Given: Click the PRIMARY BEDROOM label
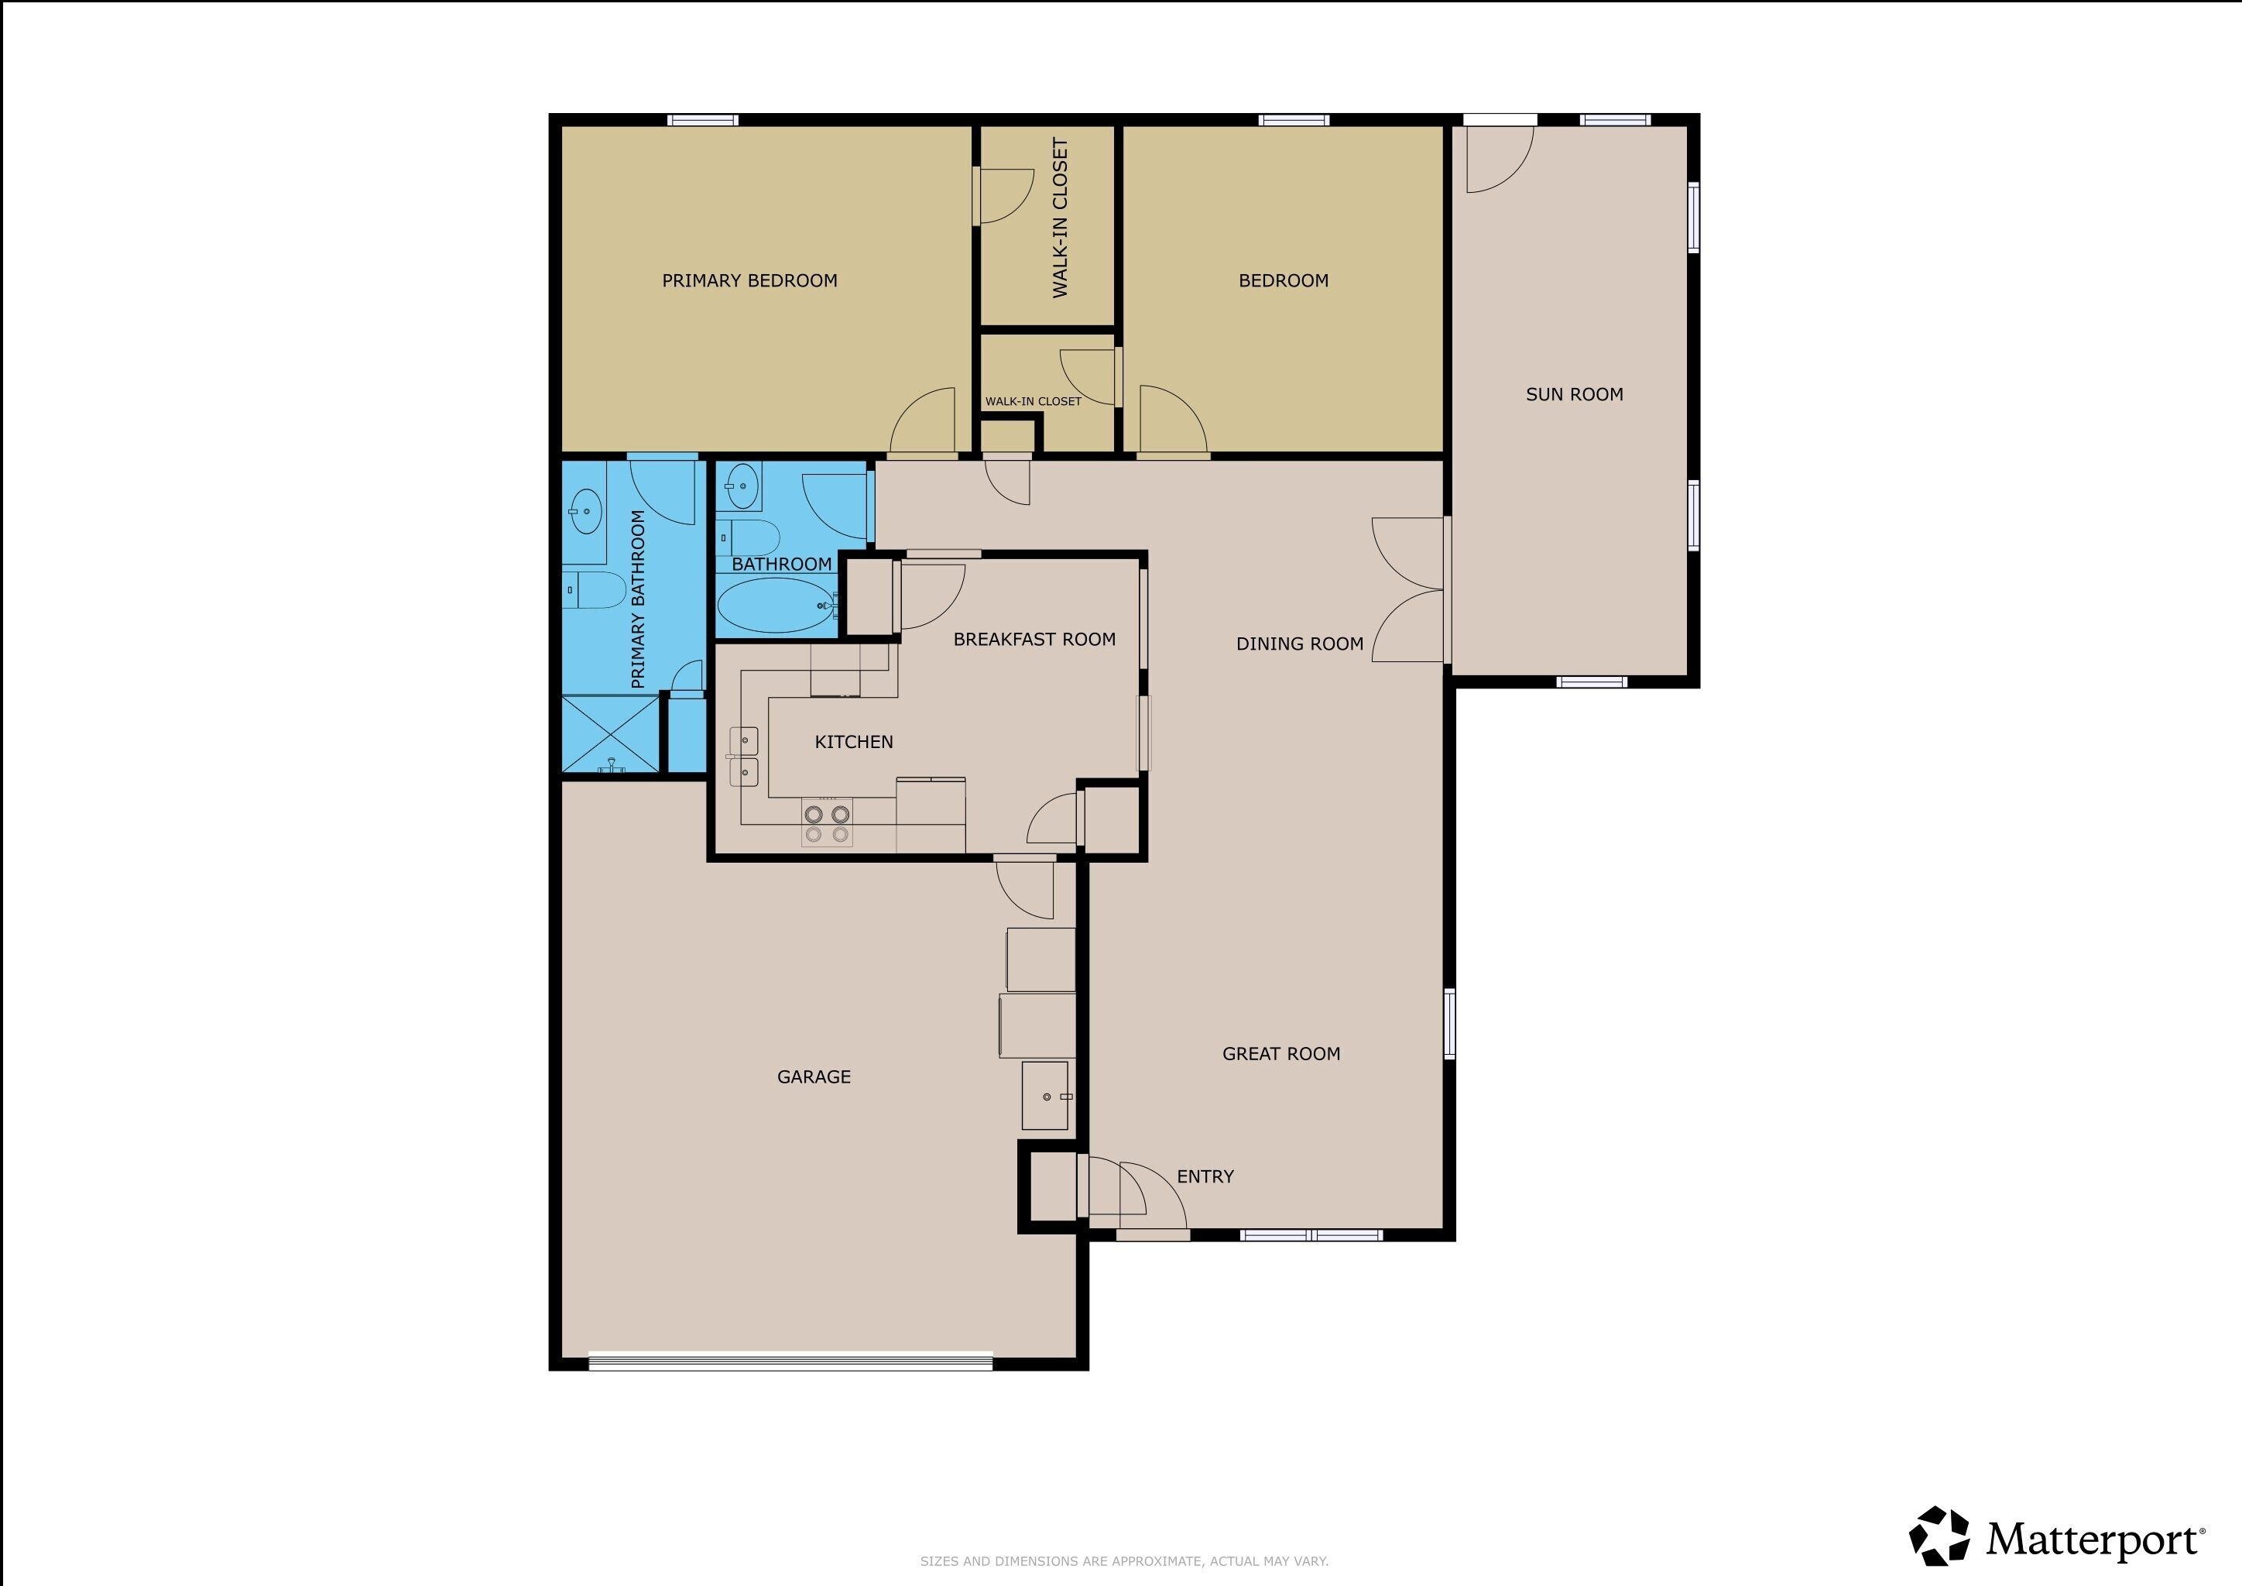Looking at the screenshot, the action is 750,281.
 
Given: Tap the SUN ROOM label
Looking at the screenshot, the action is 1574,394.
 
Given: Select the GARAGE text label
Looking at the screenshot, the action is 814,1077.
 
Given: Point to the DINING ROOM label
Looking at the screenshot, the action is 1300,644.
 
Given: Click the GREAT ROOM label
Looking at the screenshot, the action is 1281,1054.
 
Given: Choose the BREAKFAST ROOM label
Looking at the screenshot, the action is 1034,640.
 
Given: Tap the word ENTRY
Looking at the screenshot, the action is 1205,1177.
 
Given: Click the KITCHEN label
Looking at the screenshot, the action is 853,742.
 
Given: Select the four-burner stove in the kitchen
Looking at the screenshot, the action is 826,822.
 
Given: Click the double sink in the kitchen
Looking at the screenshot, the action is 744,757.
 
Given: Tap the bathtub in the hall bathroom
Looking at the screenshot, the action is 777,606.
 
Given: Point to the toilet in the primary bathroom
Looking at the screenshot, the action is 595,591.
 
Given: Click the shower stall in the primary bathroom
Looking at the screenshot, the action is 610,733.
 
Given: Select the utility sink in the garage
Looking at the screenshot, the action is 1046,1096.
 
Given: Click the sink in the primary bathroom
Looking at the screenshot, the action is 585,513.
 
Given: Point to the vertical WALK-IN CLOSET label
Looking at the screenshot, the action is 1061,217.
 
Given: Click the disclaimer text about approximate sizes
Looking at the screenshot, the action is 1124,1561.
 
